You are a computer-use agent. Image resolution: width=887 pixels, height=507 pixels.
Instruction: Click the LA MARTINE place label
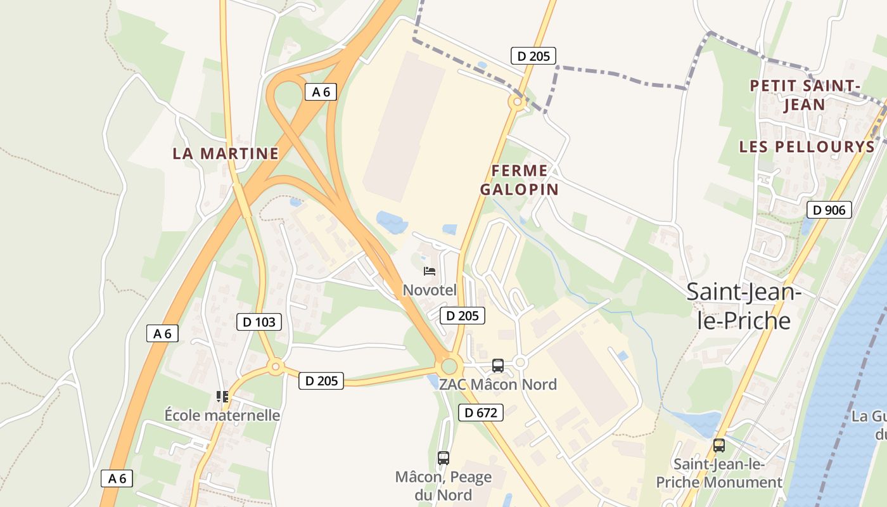click(x=226, y=153)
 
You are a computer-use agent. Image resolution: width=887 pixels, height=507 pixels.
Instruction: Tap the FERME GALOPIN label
click(x=520, y=180)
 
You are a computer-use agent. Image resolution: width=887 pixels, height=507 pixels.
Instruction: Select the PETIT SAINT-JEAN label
click(x=805, y=95)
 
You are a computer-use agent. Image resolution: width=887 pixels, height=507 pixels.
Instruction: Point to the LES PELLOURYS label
click(x=807, y=147)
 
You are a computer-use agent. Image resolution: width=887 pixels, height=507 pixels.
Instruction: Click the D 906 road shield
click(x=829, y=210)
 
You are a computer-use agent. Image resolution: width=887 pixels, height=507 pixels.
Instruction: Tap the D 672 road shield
click(x=481, y=413)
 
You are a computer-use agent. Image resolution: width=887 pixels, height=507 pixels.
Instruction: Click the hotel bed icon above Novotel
click(x=430, y=272)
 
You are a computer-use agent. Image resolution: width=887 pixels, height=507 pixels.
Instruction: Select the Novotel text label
click(x=430, y=290)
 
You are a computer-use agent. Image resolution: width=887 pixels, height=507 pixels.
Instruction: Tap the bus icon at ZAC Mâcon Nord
click(x=498, y=365)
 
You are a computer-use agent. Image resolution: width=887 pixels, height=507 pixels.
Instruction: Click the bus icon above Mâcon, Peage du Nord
click(x=443, y=458)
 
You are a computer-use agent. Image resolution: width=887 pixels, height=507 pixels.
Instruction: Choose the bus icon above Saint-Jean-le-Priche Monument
click(x=719, y=446)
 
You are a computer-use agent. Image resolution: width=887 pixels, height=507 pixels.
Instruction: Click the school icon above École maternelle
click(x=222, y=397)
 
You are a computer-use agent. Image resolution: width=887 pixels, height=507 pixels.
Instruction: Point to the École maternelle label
click(x=222, y=416)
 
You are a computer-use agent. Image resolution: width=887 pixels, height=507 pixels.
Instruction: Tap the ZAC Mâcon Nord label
click(x=498, y=384)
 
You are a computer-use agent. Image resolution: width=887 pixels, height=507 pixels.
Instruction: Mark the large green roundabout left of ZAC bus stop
click(x=449, y=366)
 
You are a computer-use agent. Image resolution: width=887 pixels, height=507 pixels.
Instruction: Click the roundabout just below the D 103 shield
click(x=275, y=366)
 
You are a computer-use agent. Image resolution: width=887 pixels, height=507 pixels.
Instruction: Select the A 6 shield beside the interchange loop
click(x=321, y=92)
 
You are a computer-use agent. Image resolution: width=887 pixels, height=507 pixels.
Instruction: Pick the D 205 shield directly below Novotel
click(x=463, y=316)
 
